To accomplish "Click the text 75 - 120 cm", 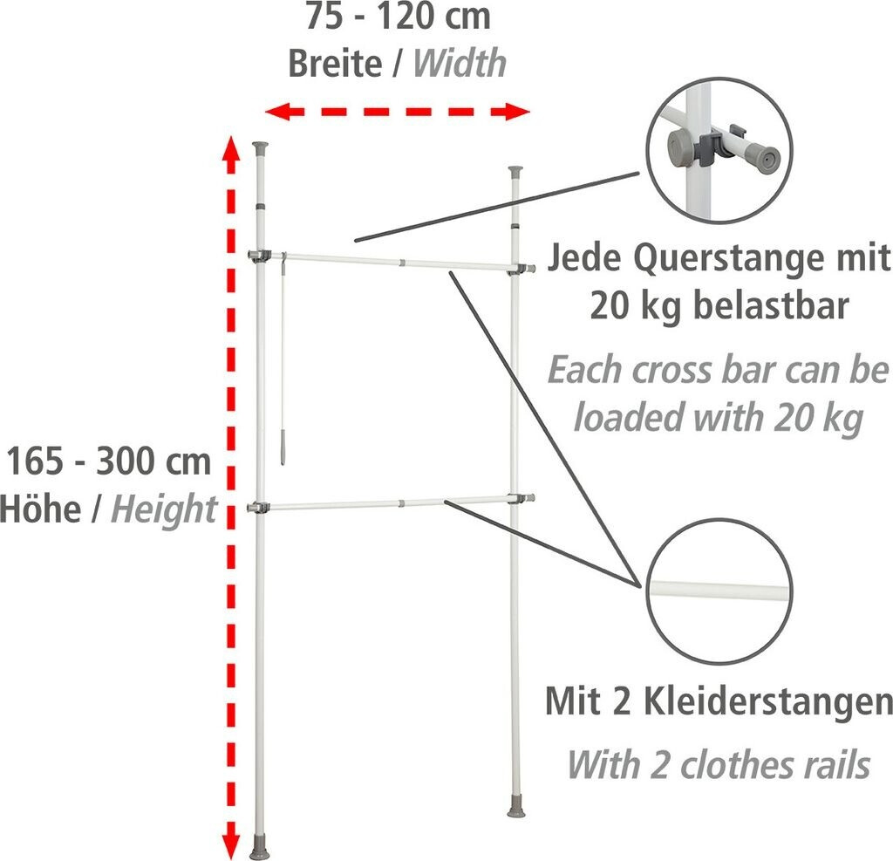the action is click(x=397, y=17).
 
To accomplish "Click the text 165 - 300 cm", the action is click(x=109, y=461).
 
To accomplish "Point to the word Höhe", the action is click(x=39, y=509).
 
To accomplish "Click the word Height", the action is click(x=163, y=509).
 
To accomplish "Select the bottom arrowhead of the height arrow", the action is click(x=230, y=843).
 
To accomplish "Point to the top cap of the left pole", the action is click(x=262, y=146).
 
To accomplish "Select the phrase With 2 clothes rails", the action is click(x=719, y=764).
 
